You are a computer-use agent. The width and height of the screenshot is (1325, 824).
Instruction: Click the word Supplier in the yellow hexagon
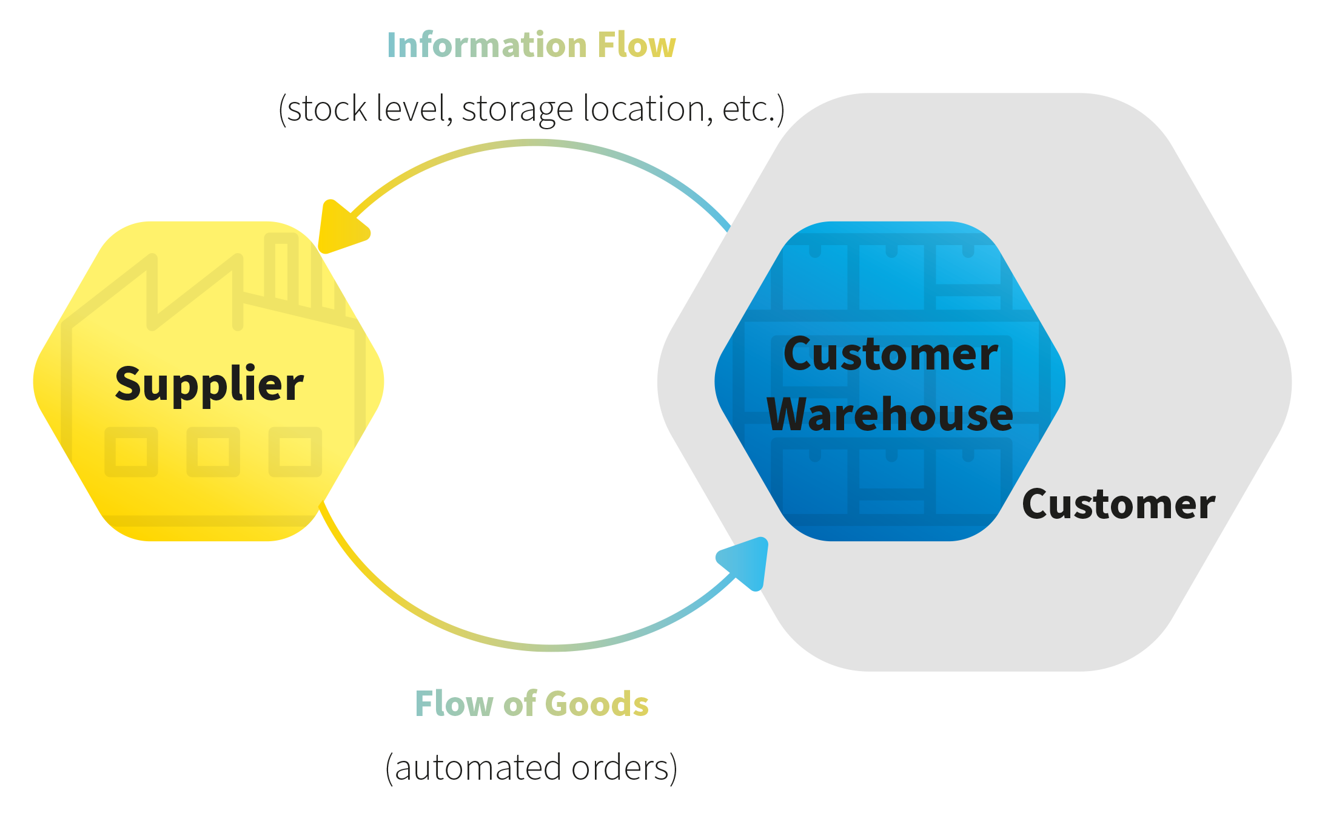point(209,384)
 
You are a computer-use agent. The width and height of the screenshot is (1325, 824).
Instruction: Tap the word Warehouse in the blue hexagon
point(890,414)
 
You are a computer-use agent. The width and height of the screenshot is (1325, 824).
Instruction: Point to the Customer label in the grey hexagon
point(1118,504)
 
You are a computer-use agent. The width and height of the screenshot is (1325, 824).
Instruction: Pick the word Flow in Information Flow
point(636,46)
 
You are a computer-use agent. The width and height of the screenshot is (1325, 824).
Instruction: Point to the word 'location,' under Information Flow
point(647,109)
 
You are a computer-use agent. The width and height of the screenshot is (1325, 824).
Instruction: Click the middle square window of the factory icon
point(213,452)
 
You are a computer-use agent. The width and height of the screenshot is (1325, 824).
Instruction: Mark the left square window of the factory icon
point(131,452)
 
